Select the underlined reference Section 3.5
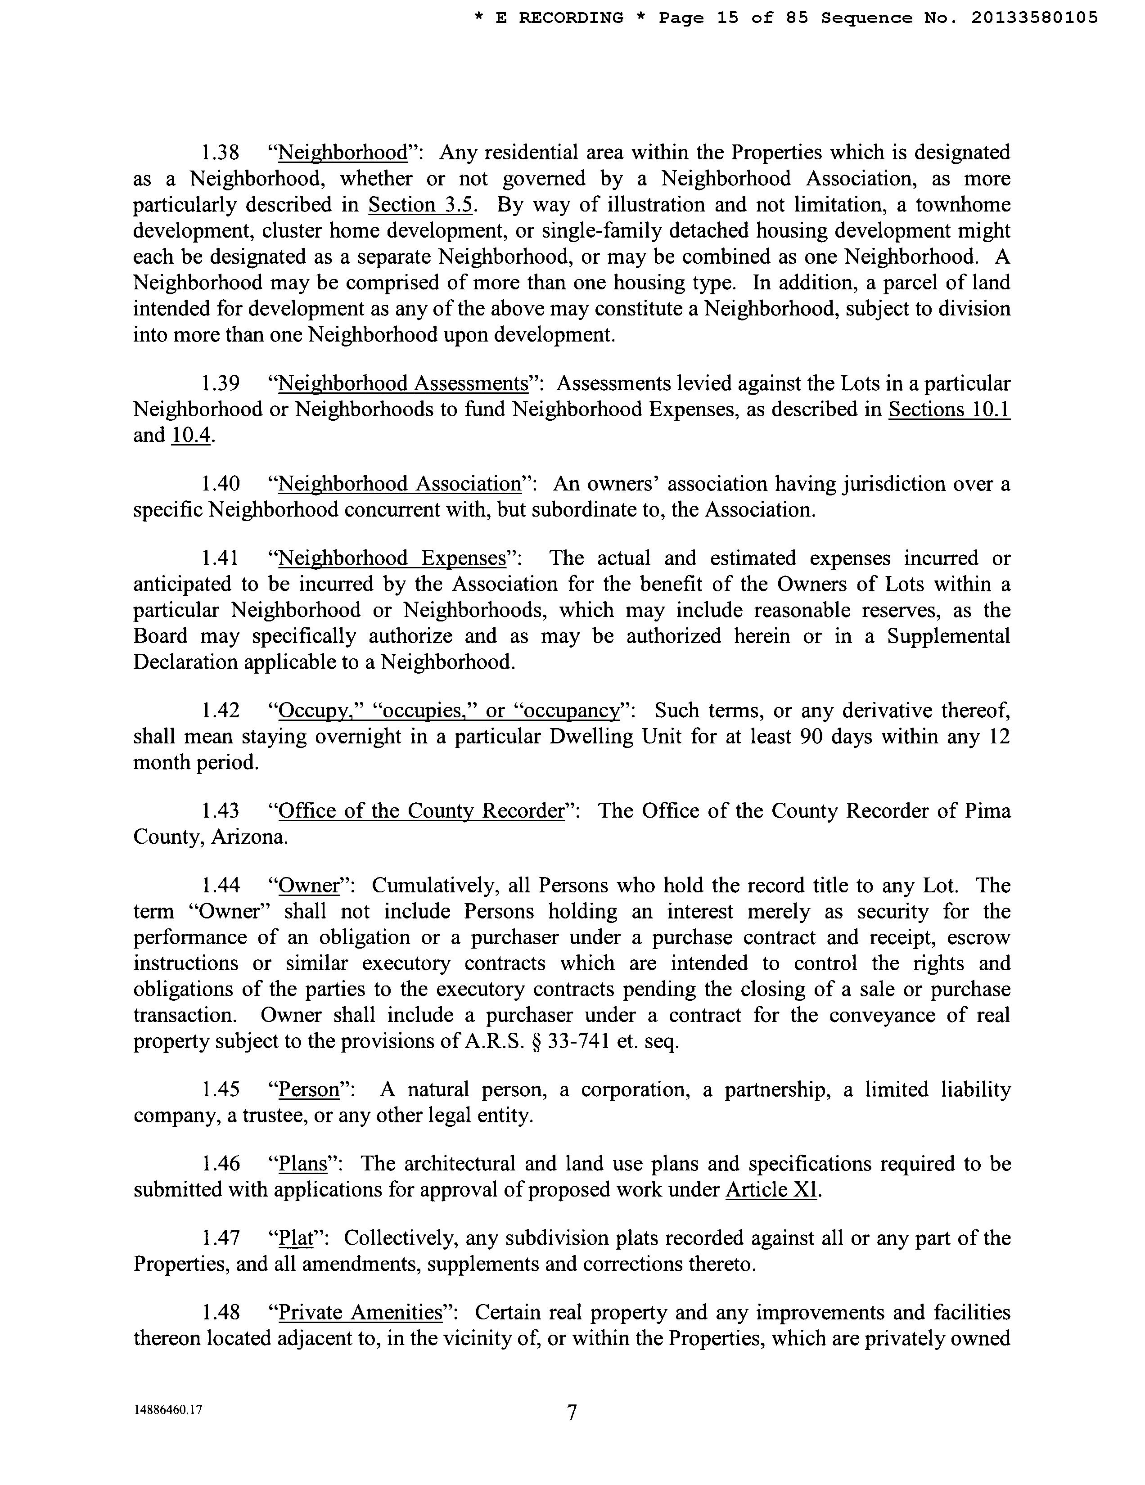coord(420,205)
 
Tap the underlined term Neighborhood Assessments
coord(403,383)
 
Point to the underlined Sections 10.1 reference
coord(949,409)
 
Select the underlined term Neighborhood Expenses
coord(393,558)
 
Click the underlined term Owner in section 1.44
coord(309,886)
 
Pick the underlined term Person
coord(309,1090)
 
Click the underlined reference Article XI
coord(771,1190)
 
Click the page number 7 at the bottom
coord(572,1413)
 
